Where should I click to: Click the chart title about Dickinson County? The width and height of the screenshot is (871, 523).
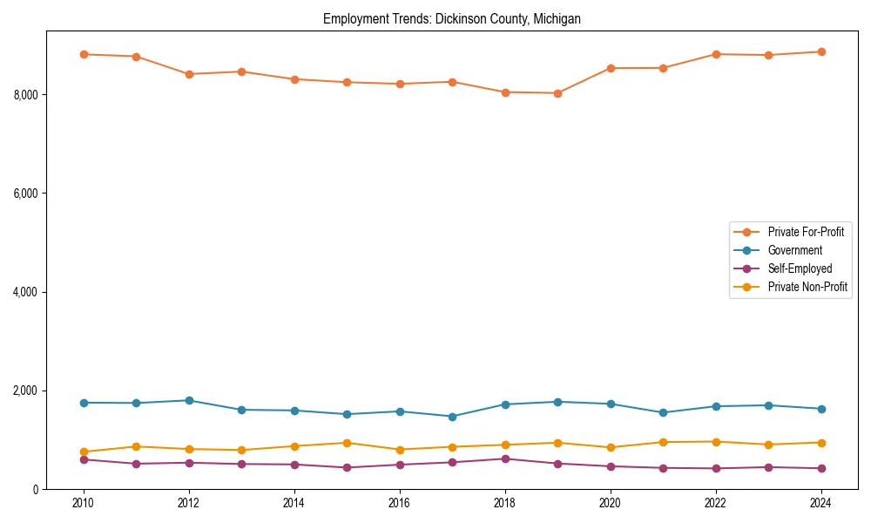[451, 18]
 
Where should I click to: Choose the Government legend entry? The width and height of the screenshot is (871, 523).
[794, 250]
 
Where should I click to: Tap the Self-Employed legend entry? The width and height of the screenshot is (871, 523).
[800, 268]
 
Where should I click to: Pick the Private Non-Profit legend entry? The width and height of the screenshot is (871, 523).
[807, 287]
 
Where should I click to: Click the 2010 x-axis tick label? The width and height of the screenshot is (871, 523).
[84, 503]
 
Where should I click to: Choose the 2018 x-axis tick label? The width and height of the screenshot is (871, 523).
[504, 503]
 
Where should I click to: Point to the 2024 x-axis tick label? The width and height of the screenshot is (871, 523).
[820, 503]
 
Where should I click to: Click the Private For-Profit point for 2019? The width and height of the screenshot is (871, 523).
[557, 93]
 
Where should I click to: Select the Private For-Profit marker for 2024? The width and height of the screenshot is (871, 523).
[820, 51]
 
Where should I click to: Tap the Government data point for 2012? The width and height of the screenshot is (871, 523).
[189, 400]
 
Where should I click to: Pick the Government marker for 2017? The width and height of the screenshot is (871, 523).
[452, 417]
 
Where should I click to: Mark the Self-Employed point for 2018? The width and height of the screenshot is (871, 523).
[504, 458]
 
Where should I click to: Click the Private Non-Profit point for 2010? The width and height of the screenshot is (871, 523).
[84, 452]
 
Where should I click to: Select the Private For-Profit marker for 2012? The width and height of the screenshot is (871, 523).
[189, 74]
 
